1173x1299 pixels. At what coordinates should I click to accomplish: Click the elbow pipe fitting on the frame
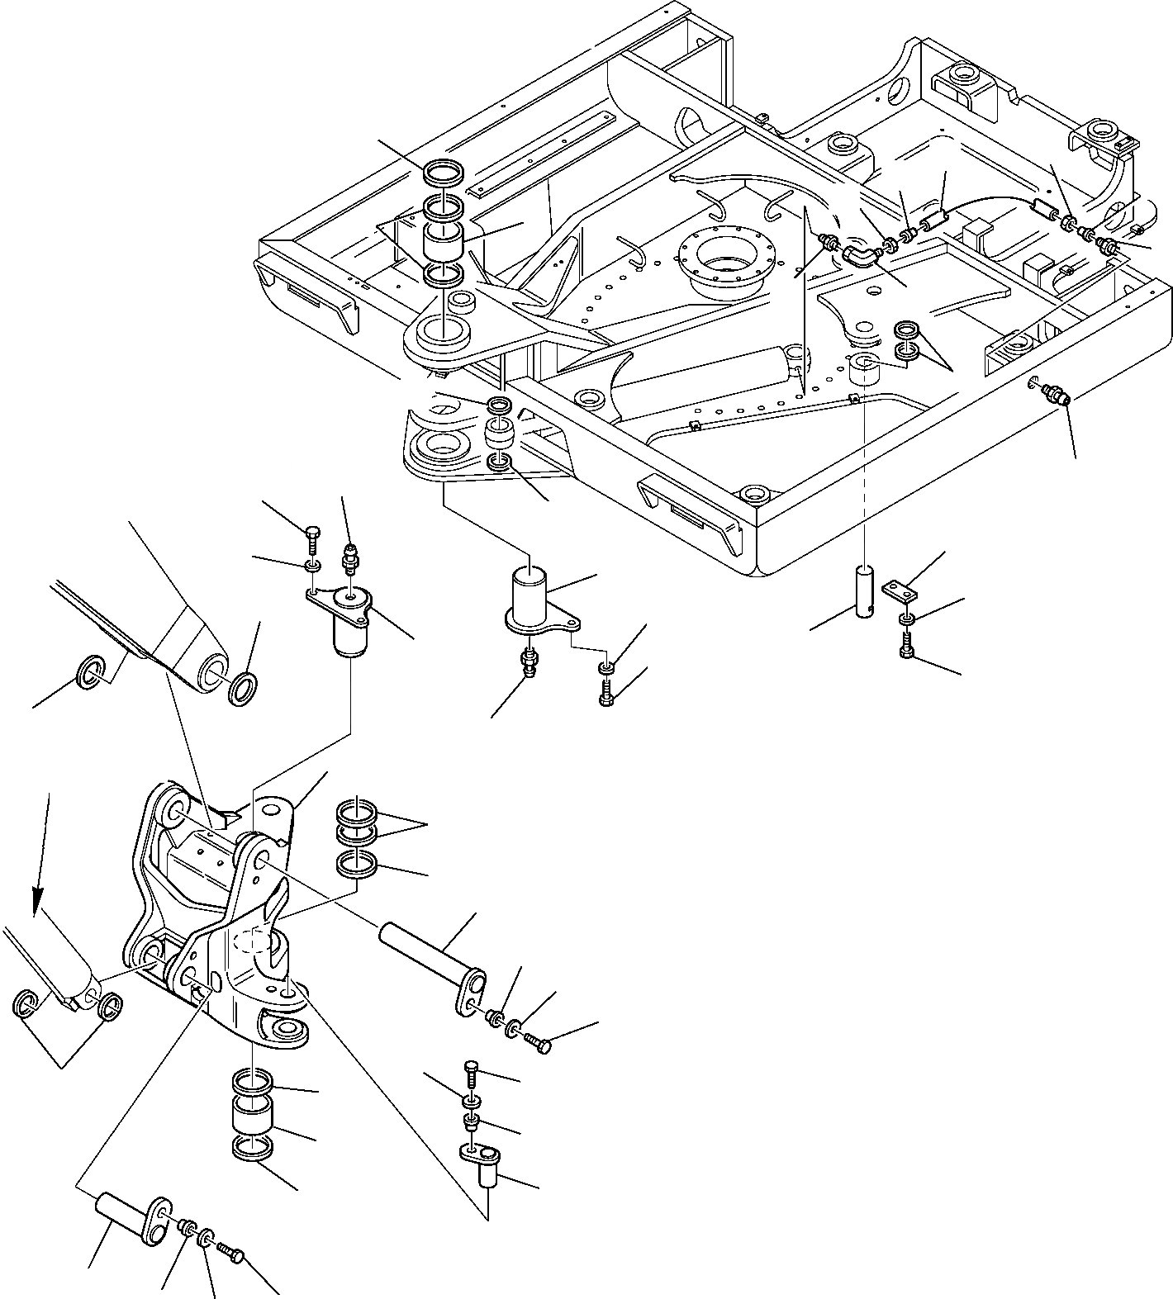tap(860, 255)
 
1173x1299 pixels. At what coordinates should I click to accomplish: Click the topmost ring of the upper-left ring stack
tap(445, 173)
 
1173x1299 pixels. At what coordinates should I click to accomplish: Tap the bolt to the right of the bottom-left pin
tap(230, 1258)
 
